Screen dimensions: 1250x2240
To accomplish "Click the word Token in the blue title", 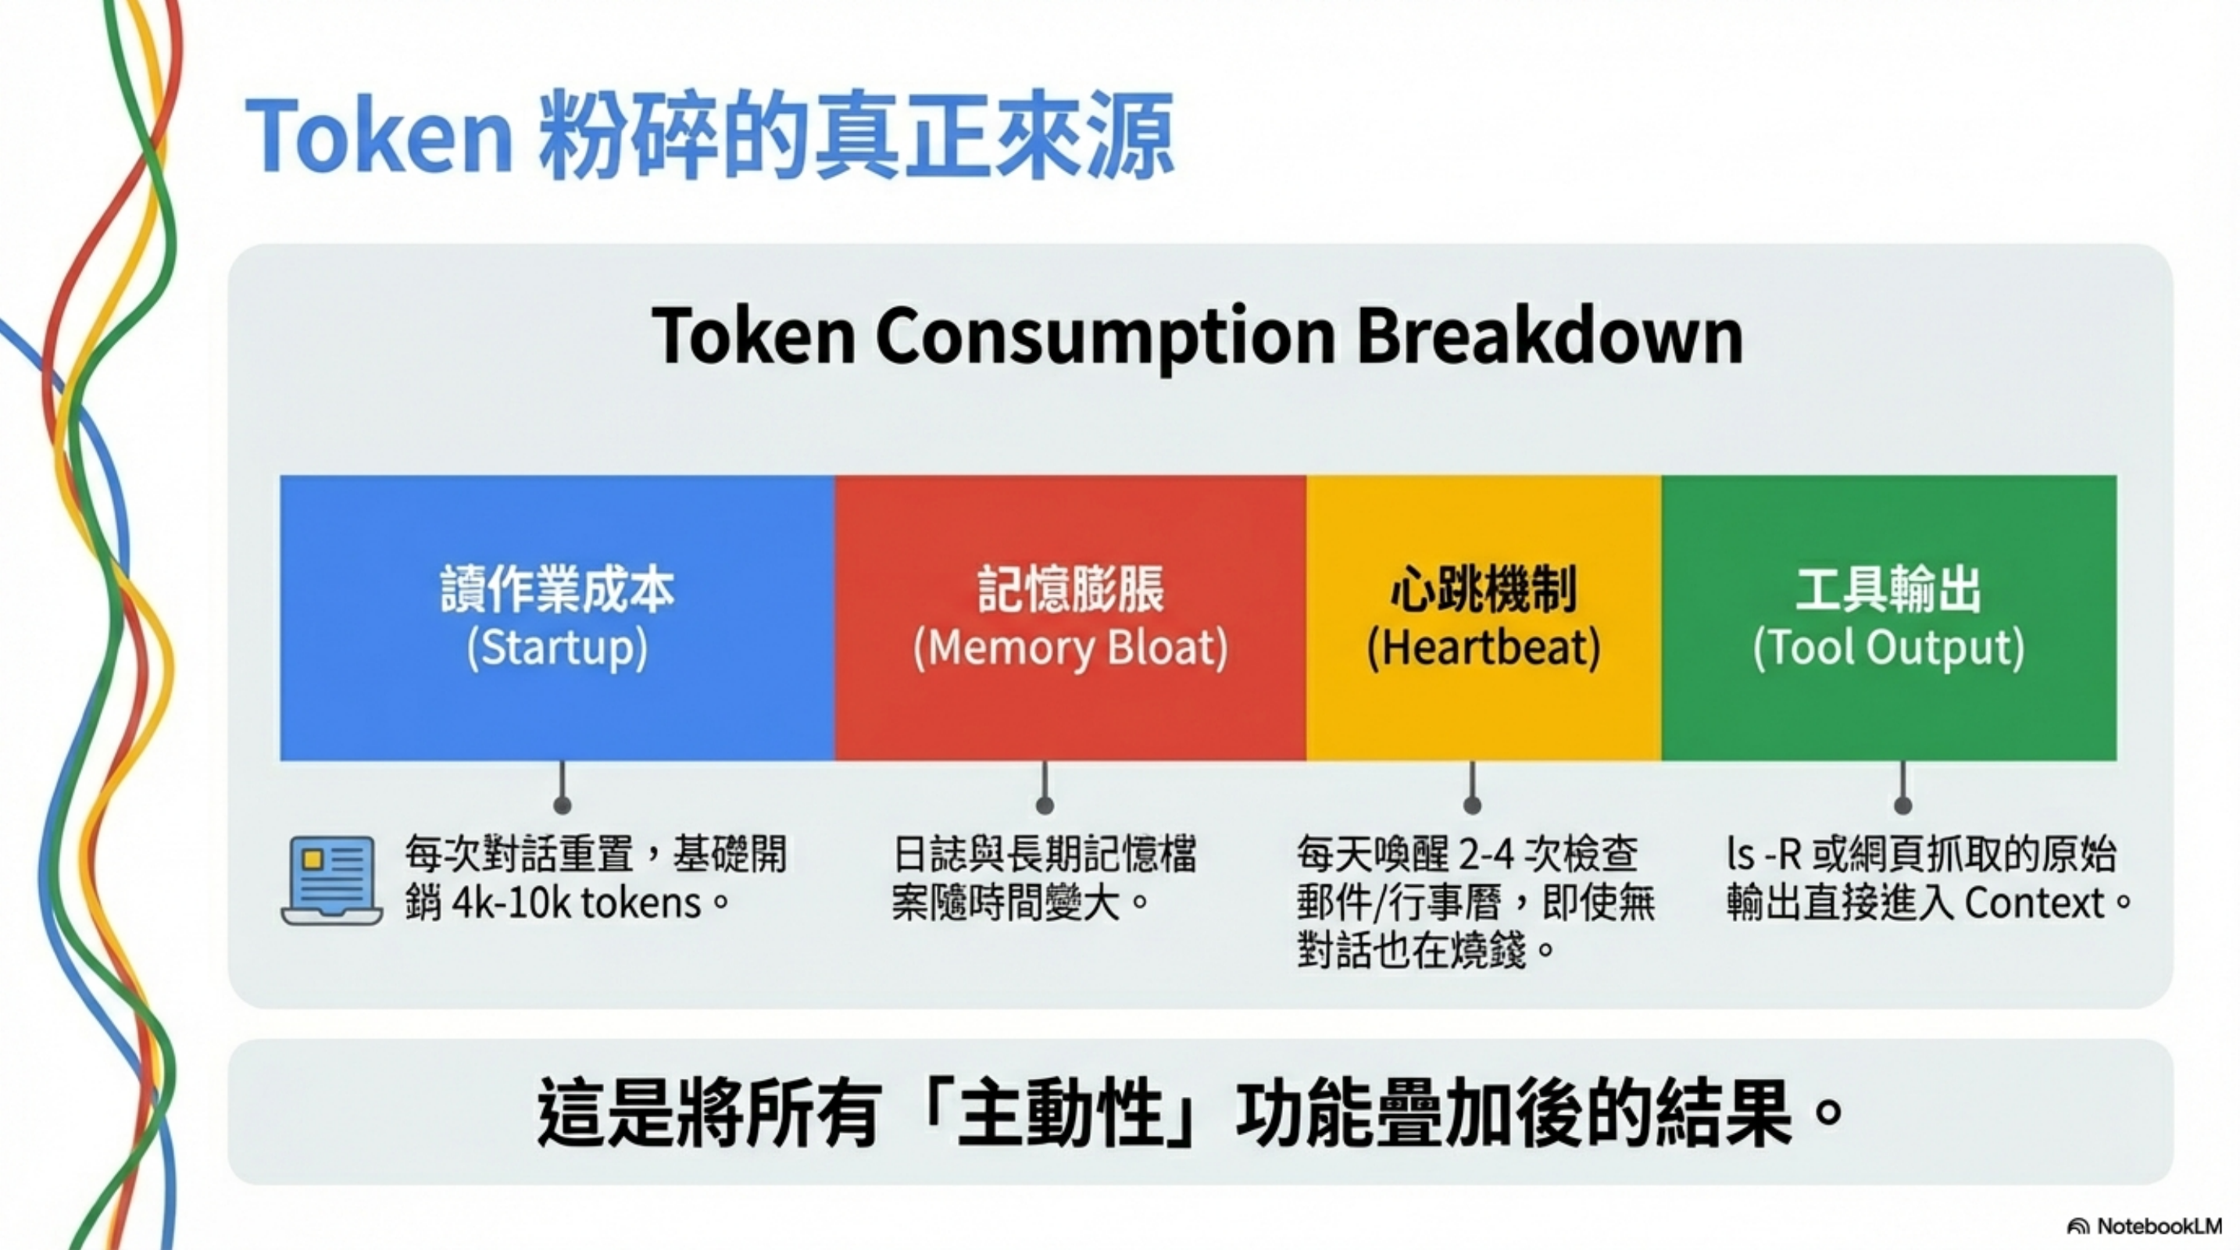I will (x=380, y=137).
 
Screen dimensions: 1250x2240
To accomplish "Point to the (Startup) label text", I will (x=557, y=648).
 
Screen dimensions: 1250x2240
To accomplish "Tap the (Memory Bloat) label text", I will (x=1070, y=648).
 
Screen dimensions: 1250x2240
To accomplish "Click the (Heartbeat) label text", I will (x=1484, y=648).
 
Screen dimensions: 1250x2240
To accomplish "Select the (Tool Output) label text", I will (x=1888, y=648).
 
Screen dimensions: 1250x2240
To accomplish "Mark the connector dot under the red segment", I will (x=1045, y=805).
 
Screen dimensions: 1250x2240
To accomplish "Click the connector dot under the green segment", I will (x=1902, y=805).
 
